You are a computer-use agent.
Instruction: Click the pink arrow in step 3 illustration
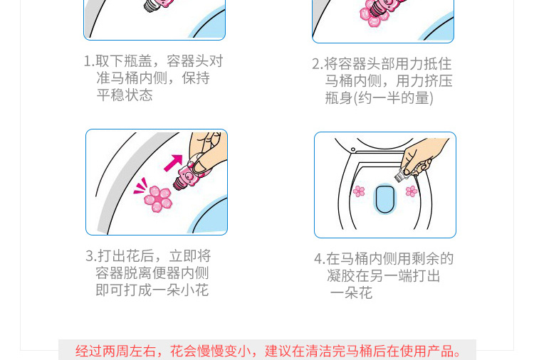coord(174,163)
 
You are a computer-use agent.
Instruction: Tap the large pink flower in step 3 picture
coord(158,198)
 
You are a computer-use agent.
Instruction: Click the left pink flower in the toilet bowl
coord(359,191)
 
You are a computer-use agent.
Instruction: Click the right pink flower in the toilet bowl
coord(412,191)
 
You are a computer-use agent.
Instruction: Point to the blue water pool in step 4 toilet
coord(384,199)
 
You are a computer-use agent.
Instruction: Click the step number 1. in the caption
coord(89,61)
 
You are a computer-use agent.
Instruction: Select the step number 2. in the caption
coord(318,64)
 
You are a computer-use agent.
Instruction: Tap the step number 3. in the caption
coord(91,256)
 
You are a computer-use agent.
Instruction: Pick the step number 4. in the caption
coord(320,259)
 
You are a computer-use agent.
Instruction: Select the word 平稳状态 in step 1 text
coord(125,95)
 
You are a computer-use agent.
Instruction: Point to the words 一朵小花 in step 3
coord(181,290)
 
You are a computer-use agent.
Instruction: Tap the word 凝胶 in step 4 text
coord(341,275)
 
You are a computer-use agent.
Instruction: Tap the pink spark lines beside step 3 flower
coord(140,186)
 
